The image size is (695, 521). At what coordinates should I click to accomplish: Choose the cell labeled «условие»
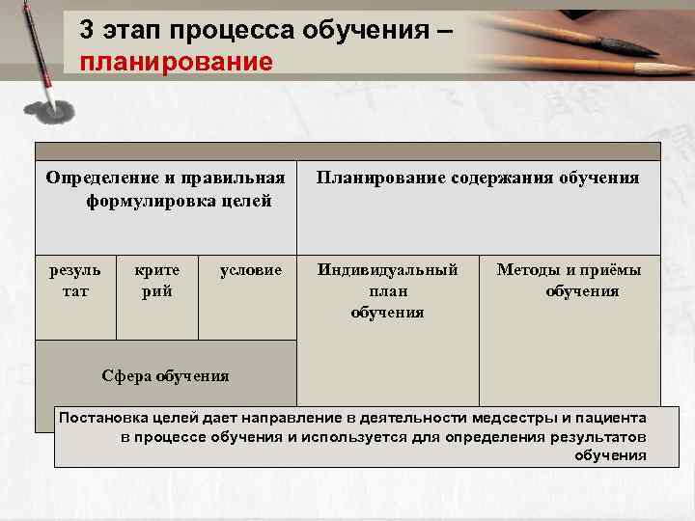(251, 270)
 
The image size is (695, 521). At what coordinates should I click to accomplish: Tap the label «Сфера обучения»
(165, 375)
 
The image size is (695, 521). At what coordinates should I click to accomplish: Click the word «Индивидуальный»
(388, 270)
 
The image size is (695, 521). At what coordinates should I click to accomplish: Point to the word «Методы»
(527, 270)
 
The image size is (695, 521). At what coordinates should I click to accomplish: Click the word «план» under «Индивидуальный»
(388, 291)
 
